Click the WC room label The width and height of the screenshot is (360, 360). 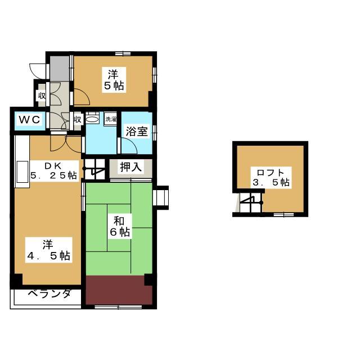pyautogui.click(x=29, y=120)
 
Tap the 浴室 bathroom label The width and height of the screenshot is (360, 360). pyautogui.click(x=136, y=131)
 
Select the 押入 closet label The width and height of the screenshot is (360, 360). pyautogui.click(x=130, y=167)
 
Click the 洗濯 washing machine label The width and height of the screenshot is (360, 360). pyautogui.click(x=111, y=119)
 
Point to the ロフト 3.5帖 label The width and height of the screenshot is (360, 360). pyautogui.click(x=271, y=177)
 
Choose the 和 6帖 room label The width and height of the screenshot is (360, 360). pyautogui.click(x=120, y=226)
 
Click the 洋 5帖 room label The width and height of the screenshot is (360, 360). pyautogui.click(x=114, y=80)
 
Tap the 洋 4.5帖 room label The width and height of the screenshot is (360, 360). pyautogui.click(x=49, y=250)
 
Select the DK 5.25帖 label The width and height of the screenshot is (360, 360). pyautogui.click(x=54, y=171)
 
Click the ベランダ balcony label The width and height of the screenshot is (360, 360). pyautogui.click(x=49, y=294)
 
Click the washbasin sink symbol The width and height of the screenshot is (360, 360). pyautogui.click(x=92, y=119)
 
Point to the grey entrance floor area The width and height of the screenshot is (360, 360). pyautogui.click(x=60, y=69)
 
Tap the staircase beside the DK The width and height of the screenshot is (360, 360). pyautogui.click(x=94, y=169)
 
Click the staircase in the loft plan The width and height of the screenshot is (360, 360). pyautogui.click(x=251, y=202)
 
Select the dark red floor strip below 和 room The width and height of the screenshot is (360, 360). pyautogui.click(x=119, y=290)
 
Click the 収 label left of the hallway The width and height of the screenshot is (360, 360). pyautogui.click(x=42, y=96)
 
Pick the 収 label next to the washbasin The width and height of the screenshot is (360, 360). pyautogui.click(x=78, y=119)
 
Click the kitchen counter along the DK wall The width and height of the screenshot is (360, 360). pyautogui.click(x=22, y=161)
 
